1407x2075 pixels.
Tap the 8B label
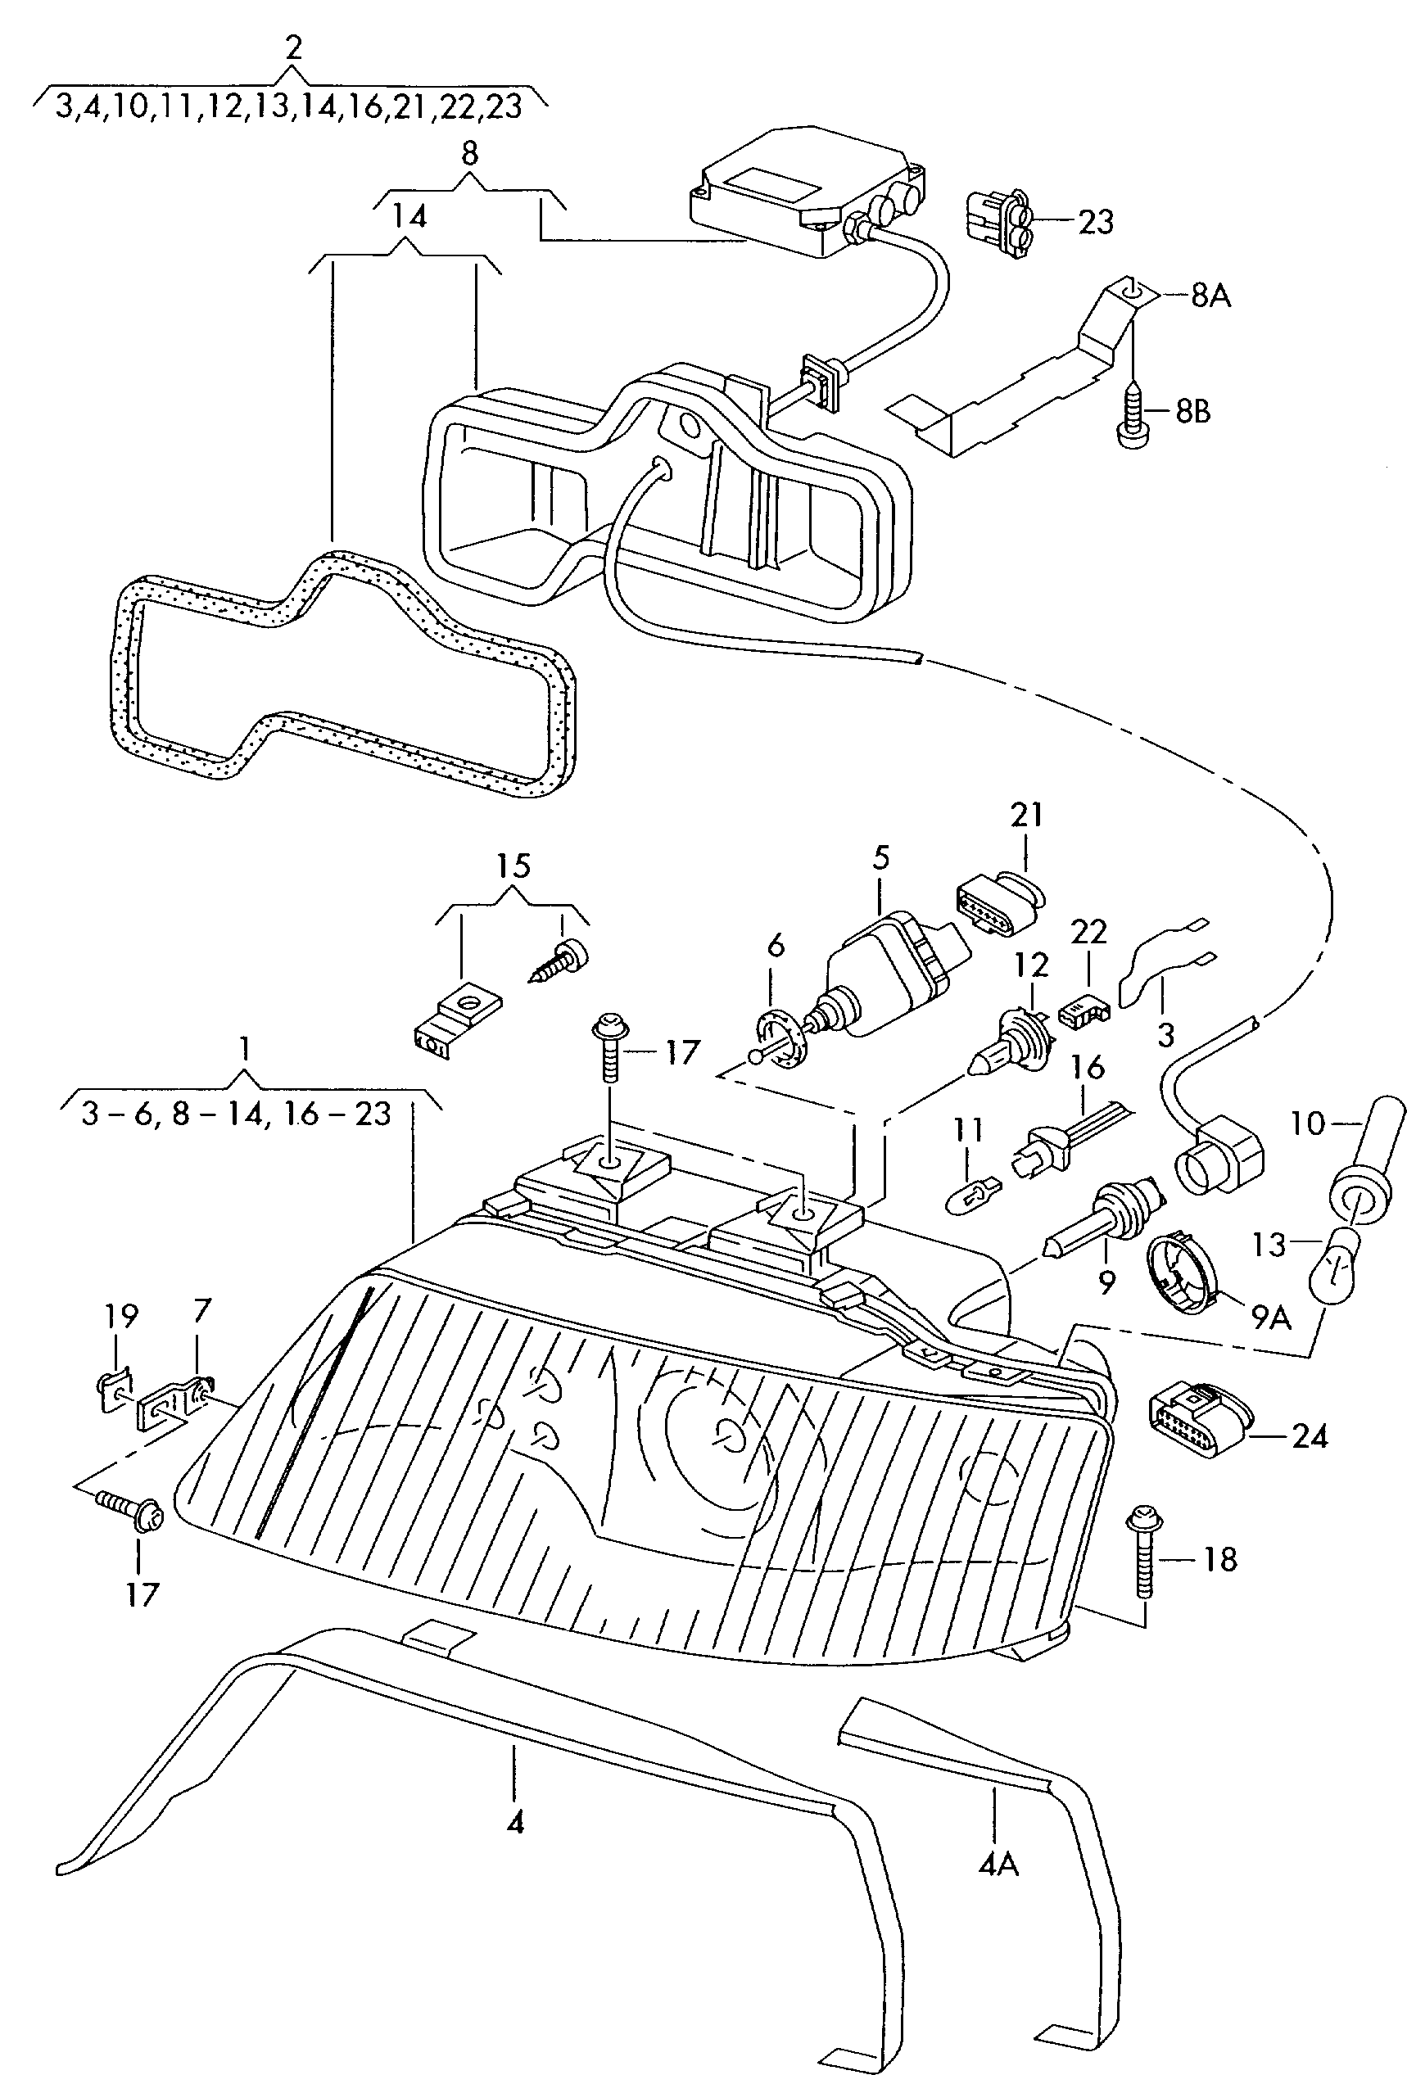point(1192,412)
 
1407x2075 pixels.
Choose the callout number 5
point(881,858)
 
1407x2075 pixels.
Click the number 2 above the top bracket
point(294,48)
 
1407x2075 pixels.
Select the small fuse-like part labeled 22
point(1083,1010)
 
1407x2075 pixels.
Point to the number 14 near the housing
point(409,216)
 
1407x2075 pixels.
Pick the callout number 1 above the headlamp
point(244,1048)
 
